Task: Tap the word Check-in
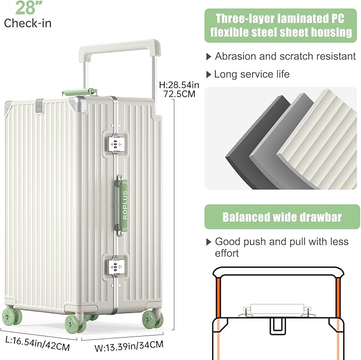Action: click(28, 23)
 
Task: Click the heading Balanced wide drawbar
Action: click(282, 217)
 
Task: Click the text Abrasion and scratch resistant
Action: click(285, 56)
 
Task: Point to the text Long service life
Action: click(251, 74)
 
